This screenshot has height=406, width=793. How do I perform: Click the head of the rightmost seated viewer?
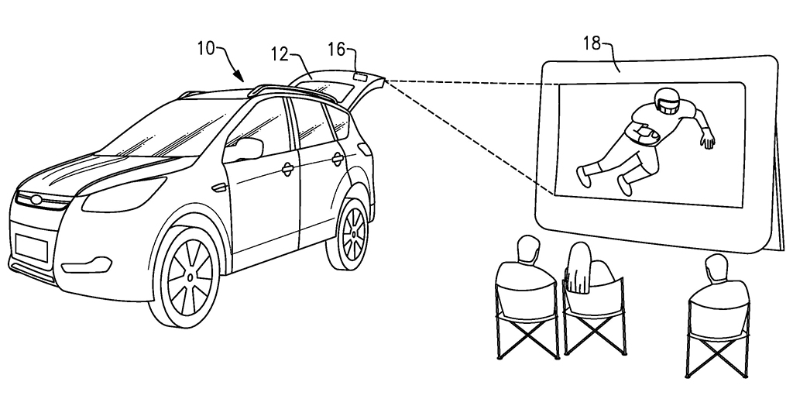(x=715, y=268)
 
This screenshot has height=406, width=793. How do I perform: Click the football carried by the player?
(x=644, y=134)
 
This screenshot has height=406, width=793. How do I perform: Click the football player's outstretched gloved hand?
(x=707, y=141)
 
